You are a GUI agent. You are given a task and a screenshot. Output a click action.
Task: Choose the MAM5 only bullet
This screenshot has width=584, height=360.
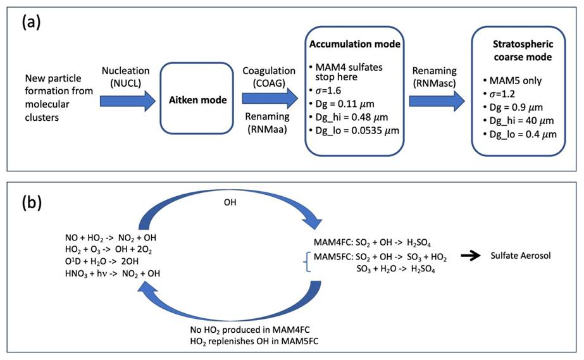[517, 81]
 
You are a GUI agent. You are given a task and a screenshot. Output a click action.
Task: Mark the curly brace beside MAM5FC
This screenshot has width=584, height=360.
[308, 264]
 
